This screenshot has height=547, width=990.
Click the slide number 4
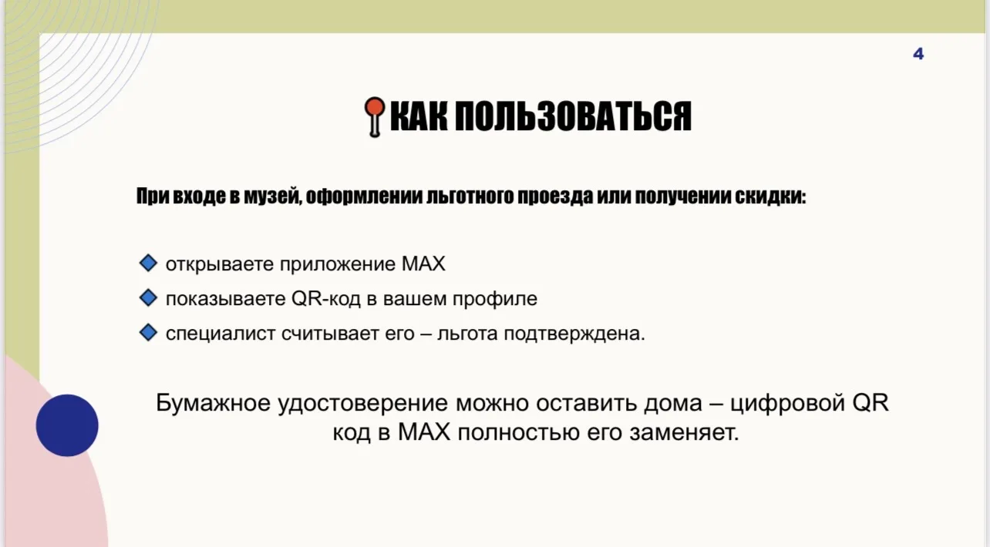[x=918, y=54]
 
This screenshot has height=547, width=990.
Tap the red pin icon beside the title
[x=374, y=116]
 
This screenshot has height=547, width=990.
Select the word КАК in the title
[x=417, y=117]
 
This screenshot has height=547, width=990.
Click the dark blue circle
[x=67, y=425]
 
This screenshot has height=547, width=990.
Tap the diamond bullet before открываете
[x=147, y=263]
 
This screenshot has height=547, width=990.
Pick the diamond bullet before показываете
[x=147, y=298]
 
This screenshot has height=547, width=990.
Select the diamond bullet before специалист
[x=147, y=334]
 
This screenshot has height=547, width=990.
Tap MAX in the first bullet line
[x=423, y=264]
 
